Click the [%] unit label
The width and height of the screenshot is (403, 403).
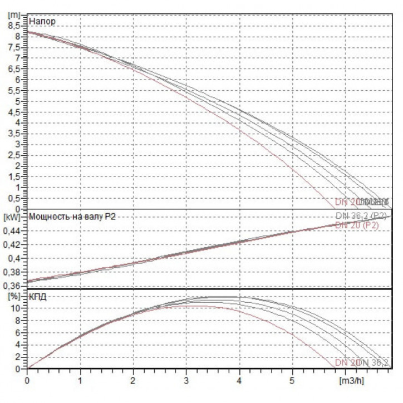point(13,296)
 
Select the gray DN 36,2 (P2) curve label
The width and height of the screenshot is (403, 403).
point(361,216)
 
